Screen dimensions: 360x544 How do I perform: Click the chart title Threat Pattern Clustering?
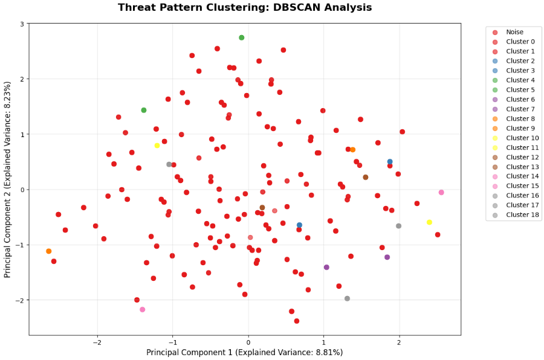[x=245, y=8]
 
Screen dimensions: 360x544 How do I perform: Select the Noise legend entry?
[x=514, y=32]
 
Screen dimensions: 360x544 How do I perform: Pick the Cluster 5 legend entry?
[x=520, y=90]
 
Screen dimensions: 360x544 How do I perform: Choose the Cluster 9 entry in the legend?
[x=520, y=128]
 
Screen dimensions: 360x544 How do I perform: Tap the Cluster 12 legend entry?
[x=522, y=157]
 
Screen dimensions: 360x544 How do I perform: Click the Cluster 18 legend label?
[x=522, y=215]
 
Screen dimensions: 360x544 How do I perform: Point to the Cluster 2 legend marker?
[x=495, y=61]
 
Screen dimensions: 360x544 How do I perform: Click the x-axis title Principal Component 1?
[x=245, y=353]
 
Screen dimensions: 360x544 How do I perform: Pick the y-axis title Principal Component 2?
[x=8, y=179]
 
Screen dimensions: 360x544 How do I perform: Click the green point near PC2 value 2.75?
[x=241, y=37]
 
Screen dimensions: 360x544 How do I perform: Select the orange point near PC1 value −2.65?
[x=48, y=251]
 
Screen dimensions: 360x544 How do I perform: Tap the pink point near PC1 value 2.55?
[x=441, y=193]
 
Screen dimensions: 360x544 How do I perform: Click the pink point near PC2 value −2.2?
[x=142, y=310]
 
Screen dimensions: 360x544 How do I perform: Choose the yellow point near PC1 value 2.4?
[x=429, y=222]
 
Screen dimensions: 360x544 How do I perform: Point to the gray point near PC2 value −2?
[x=347, y=298]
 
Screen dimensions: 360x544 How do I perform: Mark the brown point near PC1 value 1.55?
[x=365, y=178]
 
